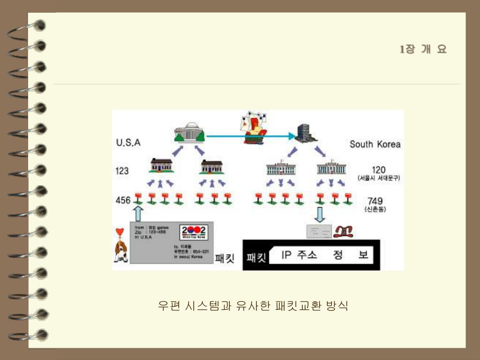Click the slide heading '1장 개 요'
(423, 49)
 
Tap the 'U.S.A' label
(128, 143)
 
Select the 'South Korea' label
(375, 144)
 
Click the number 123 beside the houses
(122, 171)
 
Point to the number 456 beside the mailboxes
(123, 200)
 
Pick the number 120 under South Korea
(379, 170)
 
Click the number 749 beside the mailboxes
(375, 202)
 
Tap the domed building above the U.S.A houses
(189, 133)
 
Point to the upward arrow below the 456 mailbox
(138, 213)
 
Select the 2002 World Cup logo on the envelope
(193, 232)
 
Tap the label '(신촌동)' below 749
(375, 210)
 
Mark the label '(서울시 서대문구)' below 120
(379, 179)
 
